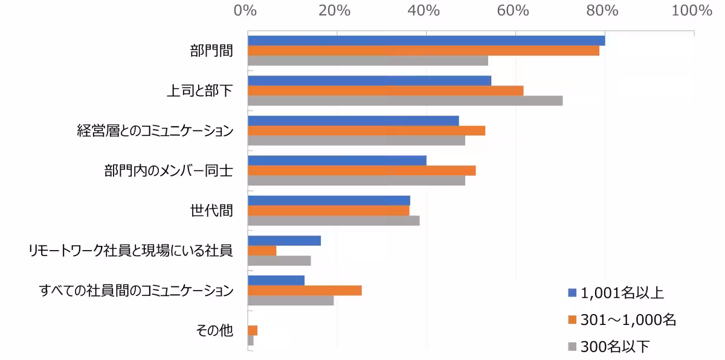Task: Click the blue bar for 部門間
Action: pyautogui.click(x=426, y=40)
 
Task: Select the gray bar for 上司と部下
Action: pyautogui.click(x=405, y=100)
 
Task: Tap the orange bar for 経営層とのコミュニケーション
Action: pyautogui.click(x=366, y=130)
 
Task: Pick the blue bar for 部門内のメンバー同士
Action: pyautogui.click(x=337, y=160)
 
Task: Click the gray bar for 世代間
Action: pyautogui.click(x=333, y=220)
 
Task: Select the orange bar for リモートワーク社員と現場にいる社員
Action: pyautogui.click(x=262, y=250)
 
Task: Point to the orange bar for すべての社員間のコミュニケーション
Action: pyautogui.click(x=304, y=291)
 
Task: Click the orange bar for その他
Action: pyautogui.click(x=253, y=330)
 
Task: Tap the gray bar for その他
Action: pyautogui.click(x=251, y=341)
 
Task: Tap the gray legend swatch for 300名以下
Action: pyautogui.click(x=572, y=347)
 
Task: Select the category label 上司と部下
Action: pyautogui.click(x=199, y=91)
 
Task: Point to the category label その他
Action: pyautogui.click(x=214, y=331)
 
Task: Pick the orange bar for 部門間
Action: pyautogui.click(x=423, y=51)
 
